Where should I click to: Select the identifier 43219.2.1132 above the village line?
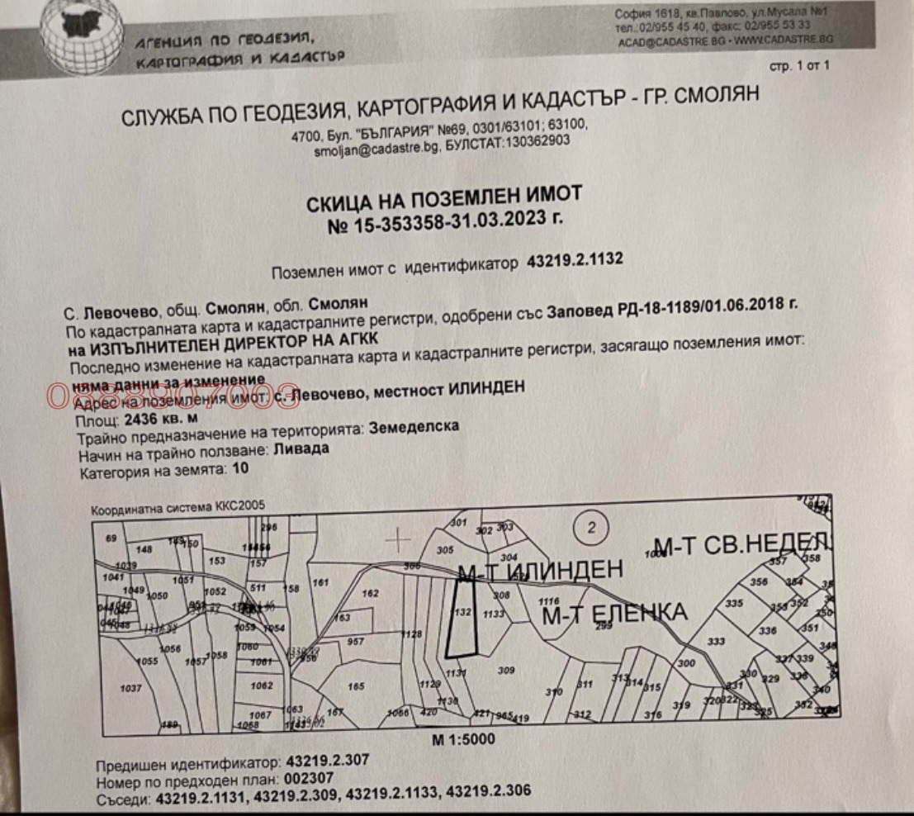click(574, 262)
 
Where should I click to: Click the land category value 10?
click(239, 469)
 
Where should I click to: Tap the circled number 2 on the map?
click(591, 526)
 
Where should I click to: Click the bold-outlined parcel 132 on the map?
click(462, 615)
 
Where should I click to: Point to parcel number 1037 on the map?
click(131, 687)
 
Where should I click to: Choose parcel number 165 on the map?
click(356, 686)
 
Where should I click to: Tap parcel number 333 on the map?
click(716, 641)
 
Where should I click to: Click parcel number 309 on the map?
click(506, 671)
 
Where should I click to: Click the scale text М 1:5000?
click(463, 739)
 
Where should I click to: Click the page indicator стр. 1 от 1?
click(798, 66)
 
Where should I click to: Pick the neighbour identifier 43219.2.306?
click(487, 795)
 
